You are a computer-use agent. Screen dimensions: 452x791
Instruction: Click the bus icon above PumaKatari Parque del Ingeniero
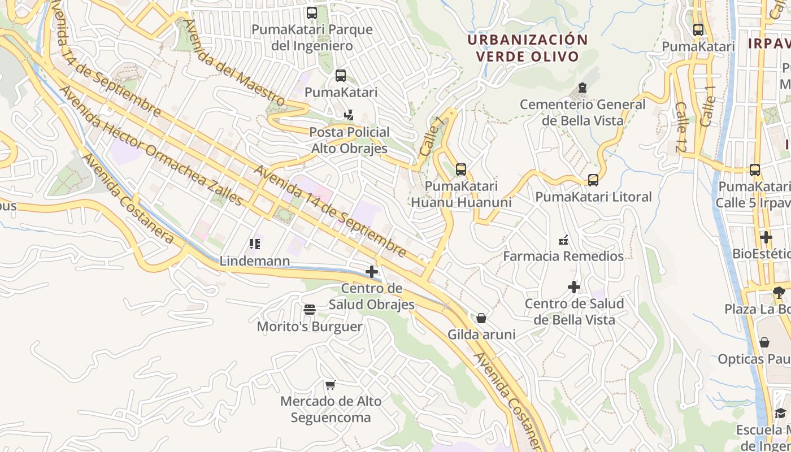[x=311, y=13]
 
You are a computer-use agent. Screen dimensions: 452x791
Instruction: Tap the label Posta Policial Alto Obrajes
[x=349, y=140]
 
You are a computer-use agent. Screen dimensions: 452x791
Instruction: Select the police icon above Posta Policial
[x=349, y=115]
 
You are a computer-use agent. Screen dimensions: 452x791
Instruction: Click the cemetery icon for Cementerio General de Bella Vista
[x=582, y=88]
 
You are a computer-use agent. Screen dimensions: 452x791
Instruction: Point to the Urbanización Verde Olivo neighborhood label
[x=527, y=48]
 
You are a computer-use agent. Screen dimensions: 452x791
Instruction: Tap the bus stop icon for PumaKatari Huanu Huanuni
[x=461, y=169]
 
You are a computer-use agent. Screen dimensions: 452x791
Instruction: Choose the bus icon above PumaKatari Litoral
[x=593, y=180]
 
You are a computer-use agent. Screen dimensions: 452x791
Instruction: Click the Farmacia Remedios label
[x=563, y=256]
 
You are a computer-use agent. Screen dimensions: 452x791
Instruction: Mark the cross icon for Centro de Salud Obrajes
[x=372, y=272]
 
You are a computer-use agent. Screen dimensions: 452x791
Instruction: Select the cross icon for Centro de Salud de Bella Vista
[x=574, y=287]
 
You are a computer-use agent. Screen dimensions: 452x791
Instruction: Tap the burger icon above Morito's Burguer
[x=309, y=310]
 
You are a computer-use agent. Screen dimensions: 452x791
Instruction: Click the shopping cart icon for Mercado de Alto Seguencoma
[x=331, y=385]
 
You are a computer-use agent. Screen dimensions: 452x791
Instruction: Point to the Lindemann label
[x=254, y=261]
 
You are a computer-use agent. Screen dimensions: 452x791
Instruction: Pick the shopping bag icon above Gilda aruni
[x=481, y=318]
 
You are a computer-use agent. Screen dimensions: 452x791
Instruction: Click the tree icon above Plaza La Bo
[x=779, y=292]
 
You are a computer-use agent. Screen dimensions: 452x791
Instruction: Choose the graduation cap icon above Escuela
[x=780, y=413]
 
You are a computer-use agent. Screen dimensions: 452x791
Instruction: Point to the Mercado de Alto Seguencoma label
[x=331, y=410]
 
